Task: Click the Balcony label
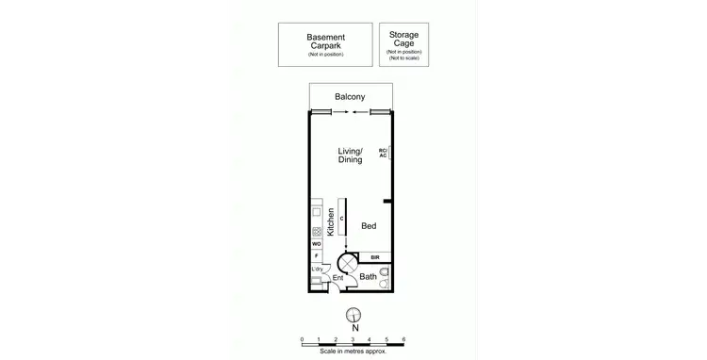click(350, 97)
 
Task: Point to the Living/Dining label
click(351, 155)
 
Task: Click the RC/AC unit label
click(383, 153)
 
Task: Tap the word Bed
click(370, 226)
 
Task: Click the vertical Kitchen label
click(331, 222)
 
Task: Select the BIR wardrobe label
click(374, 257)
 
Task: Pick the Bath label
click(368, 277)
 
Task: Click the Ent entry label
click(337, 278)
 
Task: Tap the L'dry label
click(318, 270)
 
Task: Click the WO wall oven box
click(317, 244)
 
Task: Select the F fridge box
click(317, 255)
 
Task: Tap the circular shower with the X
click(347, 260)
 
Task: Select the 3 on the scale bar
click(353, 337)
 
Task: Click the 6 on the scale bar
click(403, 337)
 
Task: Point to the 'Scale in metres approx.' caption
click(353, 352)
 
